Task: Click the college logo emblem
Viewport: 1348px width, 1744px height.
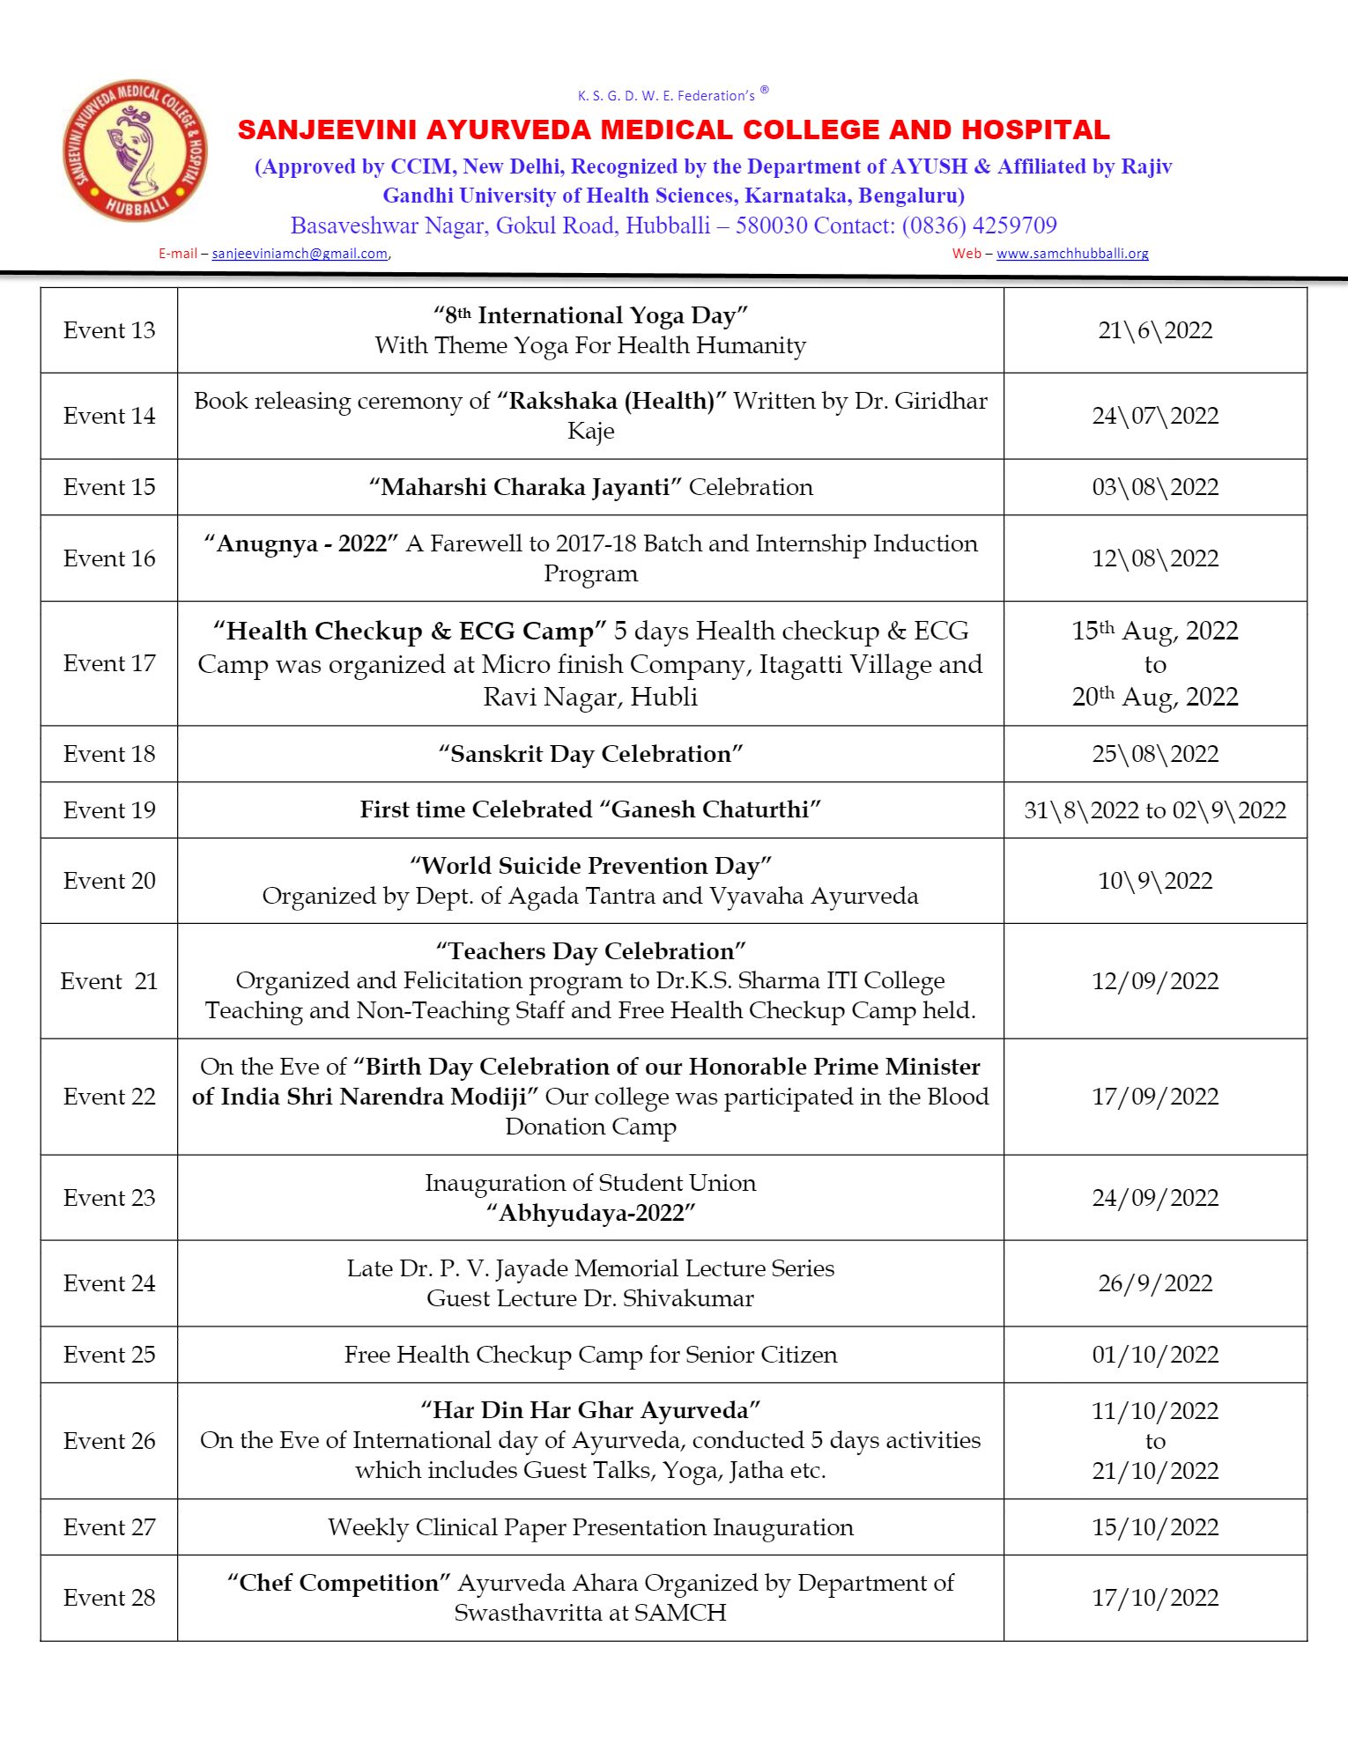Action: pyautogui.click(x=135, y=151)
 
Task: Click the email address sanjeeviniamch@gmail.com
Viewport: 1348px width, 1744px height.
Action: pyautogui.click(x=300, y=254)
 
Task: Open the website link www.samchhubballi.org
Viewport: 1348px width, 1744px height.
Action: pyautogui.click(x=1072, y=254)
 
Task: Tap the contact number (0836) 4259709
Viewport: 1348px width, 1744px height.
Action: pyautogui.click(x=979, y=225)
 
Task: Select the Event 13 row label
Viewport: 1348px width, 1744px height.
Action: pyautogui.click(x=109, y=330)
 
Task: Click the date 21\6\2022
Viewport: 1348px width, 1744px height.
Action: pyautogui.click(x=1154, y=330)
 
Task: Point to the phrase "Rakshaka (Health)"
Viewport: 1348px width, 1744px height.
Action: pyautogui.click(x=611, y=402)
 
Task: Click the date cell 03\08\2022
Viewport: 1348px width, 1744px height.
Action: pyautogui.click(x=1154, y=487)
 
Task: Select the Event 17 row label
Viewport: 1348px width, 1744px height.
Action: pyautogui.click(x=109, y=663)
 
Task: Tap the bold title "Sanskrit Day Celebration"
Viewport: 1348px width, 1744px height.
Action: pyautogui.click(x=590, y=754)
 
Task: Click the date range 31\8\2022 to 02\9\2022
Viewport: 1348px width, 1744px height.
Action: pyautogui.click(x=1154, y=810)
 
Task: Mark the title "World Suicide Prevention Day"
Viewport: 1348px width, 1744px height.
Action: pyautogui.click(x=590, y=866)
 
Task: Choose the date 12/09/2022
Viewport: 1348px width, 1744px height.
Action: pyautogui.click(x=1154, y=981)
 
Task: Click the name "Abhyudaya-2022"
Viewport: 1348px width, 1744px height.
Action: pyautogui.click(x=590, y=1213)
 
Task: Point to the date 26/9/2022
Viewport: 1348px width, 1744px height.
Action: pyautogui.click(x=1154, y=1283)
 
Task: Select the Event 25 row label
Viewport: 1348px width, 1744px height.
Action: pyautogui.click(x=109, y=1355)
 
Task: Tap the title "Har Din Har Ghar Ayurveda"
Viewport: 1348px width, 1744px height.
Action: pyautogui.click(x=590, y=1410)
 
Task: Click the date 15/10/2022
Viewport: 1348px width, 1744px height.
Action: pyautogui.click(x=1154, y=1527)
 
